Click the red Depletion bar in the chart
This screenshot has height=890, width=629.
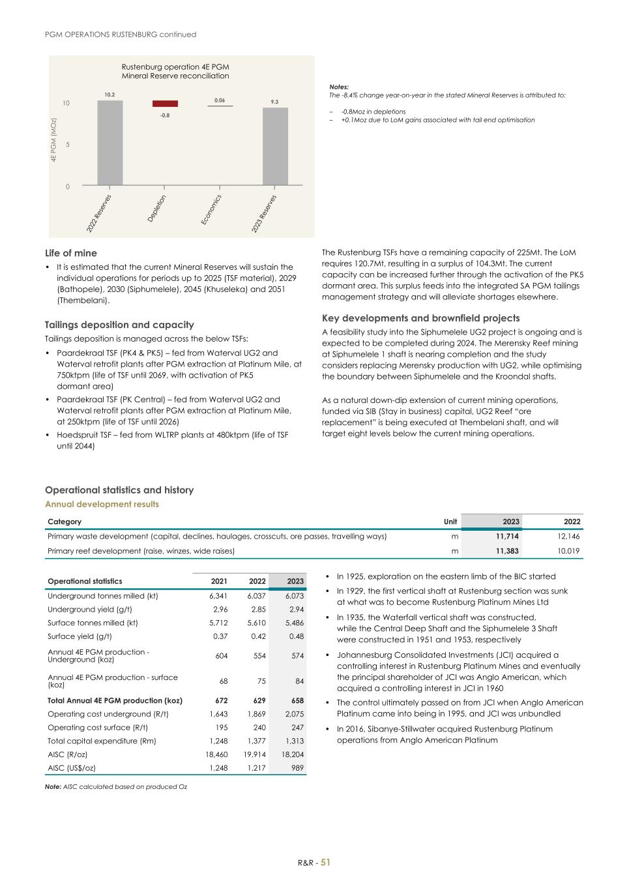click(165, 104)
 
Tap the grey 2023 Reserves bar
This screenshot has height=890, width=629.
click(275, 147)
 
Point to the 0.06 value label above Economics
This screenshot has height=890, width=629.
click(220, 100)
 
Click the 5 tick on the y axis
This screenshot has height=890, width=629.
click(66, 145)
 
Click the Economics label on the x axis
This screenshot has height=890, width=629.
click(212, 210)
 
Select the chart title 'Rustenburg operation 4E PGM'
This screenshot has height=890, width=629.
click(175, 67)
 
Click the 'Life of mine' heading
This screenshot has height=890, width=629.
click(71, 253)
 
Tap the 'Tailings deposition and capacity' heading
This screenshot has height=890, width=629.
click(119, 325)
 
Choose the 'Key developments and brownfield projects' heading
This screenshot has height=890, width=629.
click(420, 318)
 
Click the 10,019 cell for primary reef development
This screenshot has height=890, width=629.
click(568, 551)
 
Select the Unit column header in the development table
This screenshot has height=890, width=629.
click(450, 522)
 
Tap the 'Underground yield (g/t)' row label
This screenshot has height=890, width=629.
click(89, 609)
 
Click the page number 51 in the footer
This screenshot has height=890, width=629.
click(325, 862)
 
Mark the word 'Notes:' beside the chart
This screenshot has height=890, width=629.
click(339, 87)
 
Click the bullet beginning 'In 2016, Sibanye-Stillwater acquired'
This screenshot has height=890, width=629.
click(445, 734)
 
